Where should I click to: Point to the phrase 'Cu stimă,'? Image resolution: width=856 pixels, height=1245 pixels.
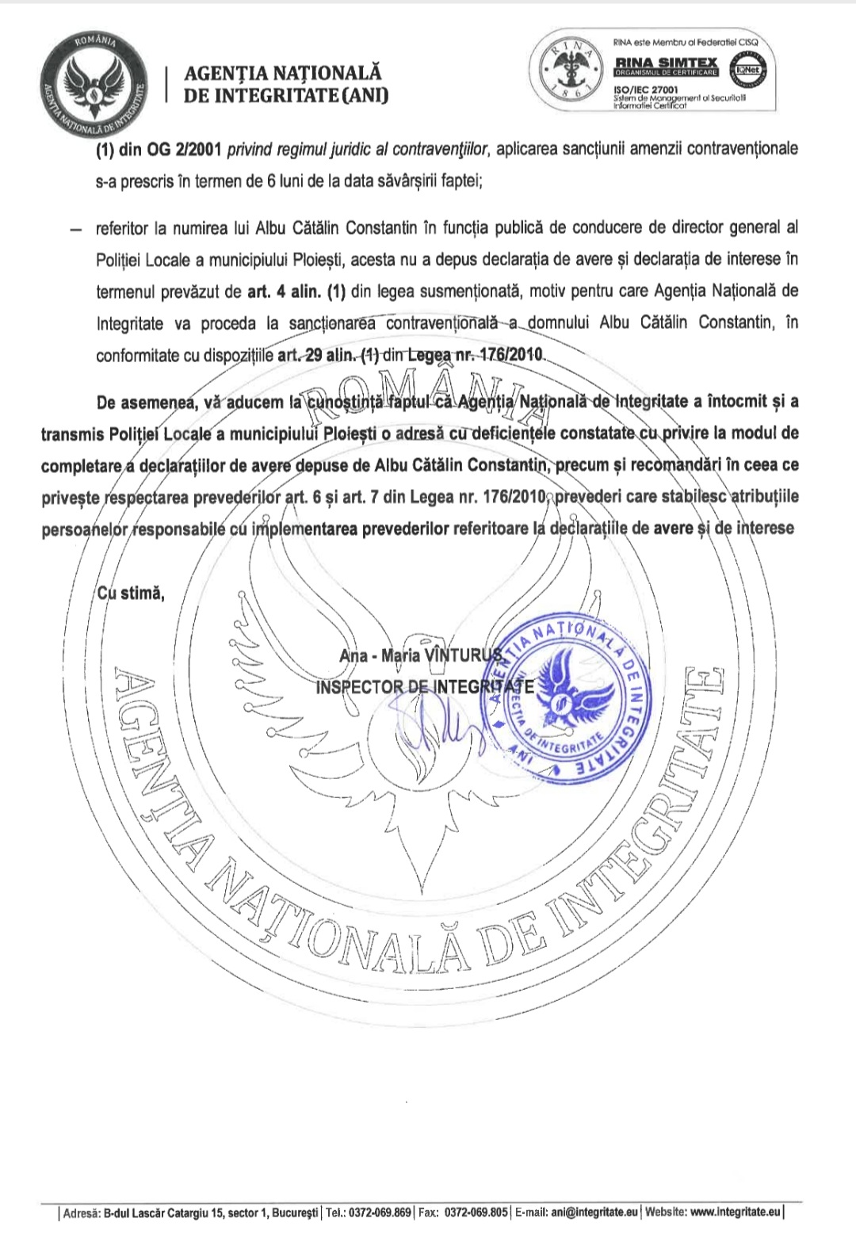click(x=131, y=593)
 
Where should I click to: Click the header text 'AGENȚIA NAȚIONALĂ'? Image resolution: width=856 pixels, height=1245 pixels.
click(x=282, y=73)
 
